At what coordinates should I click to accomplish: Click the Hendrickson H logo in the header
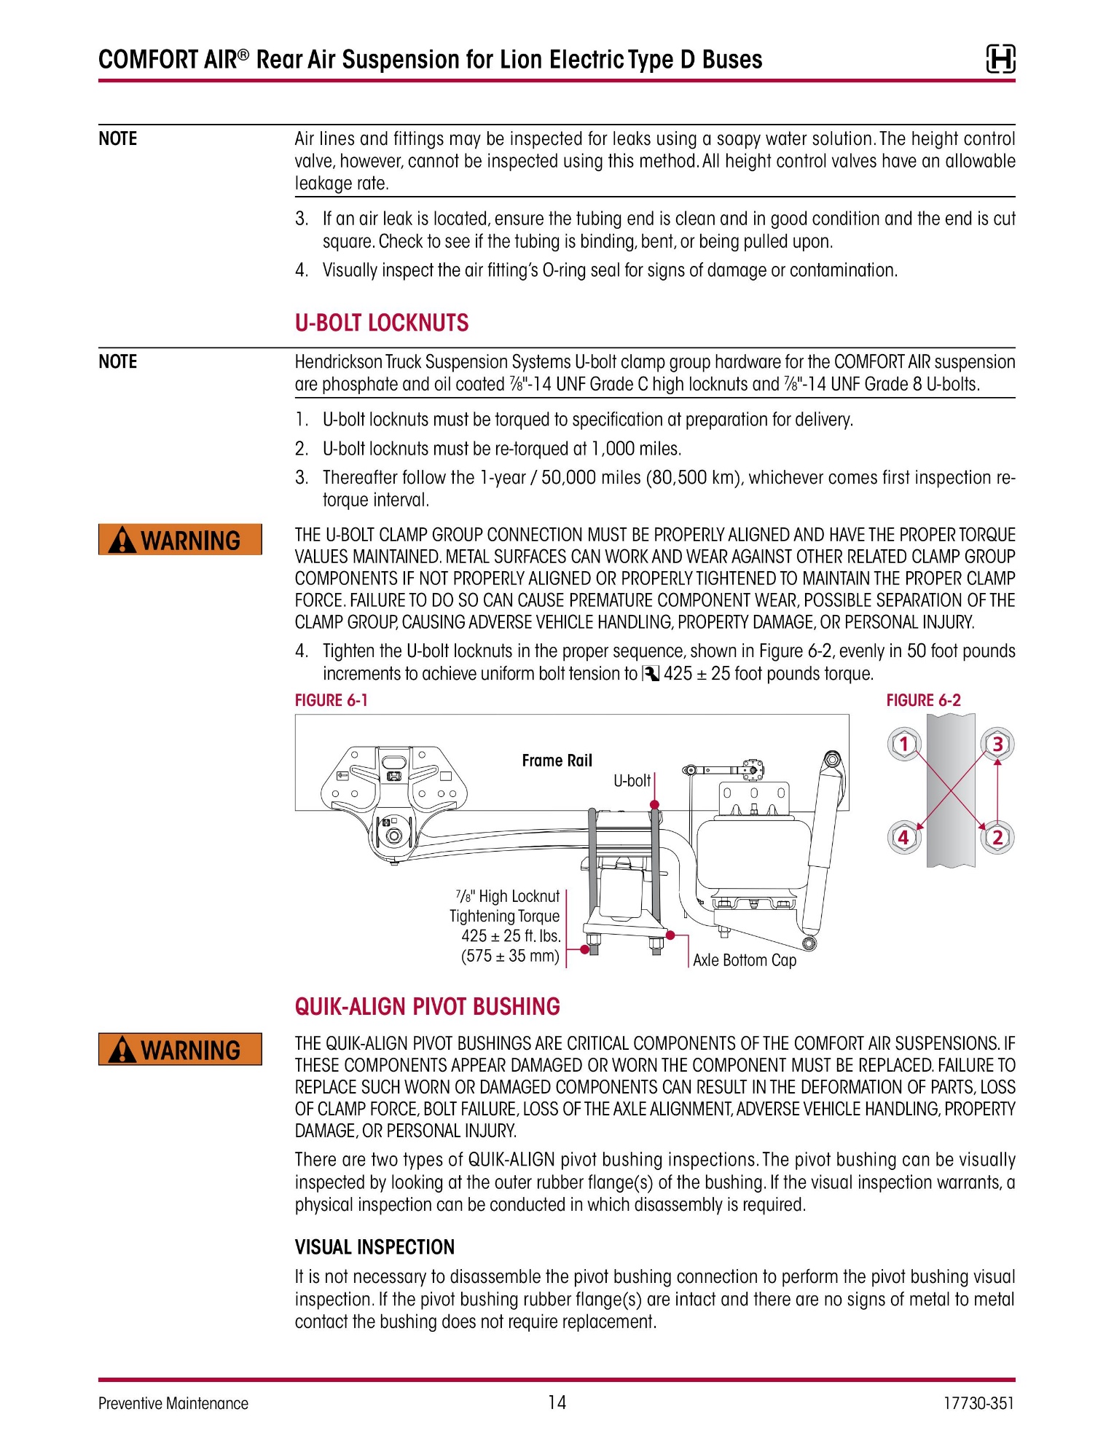tap(1000, 59)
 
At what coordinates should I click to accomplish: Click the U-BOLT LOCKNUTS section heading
tap(382, 323)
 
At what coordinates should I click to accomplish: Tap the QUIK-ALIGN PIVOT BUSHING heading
tap(428, 1007)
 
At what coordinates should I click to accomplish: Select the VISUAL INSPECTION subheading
tap(374, 1247)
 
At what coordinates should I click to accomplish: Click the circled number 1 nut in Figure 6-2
tap(904, 744)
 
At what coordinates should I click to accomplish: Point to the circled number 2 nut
tap(997, 837)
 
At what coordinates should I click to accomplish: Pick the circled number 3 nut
tap(997, 744)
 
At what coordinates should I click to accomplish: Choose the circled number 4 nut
tap(904, 837)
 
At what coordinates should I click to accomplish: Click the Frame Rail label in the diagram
tap(557, 761)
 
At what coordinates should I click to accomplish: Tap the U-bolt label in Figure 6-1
tap(632, 781)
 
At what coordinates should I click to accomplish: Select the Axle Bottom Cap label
tap(745, 960)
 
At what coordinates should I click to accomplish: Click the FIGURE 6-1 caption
tap(332, 700)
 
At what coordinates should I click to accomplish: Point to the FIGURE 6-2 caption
tap(924, 700)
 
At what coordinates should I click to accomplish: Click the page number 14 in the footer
tap(557, 1402)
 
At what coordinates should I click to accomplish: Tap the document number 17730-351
tap(978, 1403)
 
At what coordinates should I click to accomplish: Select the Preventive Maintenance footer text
tap(173, 1404)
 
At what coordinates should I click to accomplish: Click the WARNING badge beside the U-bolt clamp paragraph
tap(180, 540)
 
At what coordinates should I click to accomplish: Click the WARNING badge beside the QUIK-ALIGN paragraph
tap(180, 1049)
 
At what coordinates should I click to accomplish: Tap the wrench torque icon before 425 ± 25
tap(650, 674)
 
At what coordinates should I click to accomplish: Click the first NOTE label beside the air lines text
tap(118, 138)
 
